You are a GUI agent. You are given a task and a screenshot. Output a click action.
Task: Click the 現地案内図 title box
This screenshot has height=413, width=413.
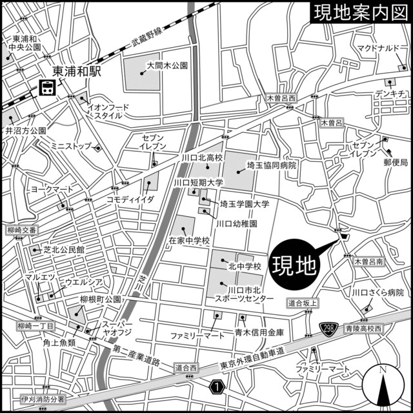359,13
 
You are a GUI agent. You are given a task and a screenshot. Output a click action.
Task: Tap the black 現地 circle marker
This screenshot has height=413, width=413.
294,264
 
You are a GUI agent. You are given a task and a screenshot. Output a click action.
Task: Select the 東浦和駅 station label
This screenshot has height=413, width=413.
77,72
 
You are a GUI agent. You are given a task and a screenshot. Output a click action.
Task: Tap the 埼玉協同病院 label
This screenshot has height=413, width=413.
267,166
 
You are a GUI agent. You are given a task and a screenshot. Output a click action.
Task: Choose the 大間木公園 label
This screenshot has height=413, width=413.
166,65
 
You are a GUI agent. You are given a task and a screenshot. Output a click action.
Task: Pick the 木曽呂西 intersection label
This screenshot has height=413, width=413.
281,98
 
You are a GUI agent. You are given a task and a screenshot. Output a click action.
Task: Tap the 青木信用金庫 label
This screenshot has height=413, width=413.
258,334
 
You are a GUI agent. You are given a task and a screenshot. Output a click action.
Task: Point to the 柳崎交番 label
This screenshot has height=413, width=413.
20,230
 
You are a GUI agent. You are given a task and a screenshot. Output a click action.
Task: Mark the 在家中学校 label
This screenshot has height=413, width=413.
190,241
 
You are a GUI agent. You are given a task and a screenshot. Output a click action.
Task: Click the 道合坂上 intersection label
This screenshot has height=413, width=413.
303,303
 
